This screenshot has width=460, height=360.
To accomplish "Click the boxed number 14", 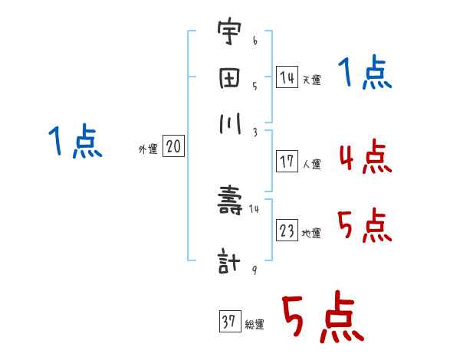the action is tap(287, 78).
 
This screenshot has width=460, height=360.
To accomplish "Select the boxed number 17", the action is tap(287, 162).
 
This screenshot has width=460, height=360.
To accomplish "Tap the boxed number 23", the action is tap(287, 231).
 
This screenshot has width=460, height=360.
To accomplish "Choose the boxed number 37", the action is tap(229, 322).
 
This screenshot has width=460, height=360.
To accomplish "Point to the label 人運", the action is tap(311, 164).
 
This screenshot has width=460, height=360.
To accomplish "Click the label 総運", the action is tap(255, 325).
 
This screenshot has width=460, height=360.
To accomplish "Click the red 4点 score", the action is tap(364, 157).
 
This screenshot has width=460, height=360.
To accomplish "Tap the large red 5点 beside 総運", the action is tap(322, 319).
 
